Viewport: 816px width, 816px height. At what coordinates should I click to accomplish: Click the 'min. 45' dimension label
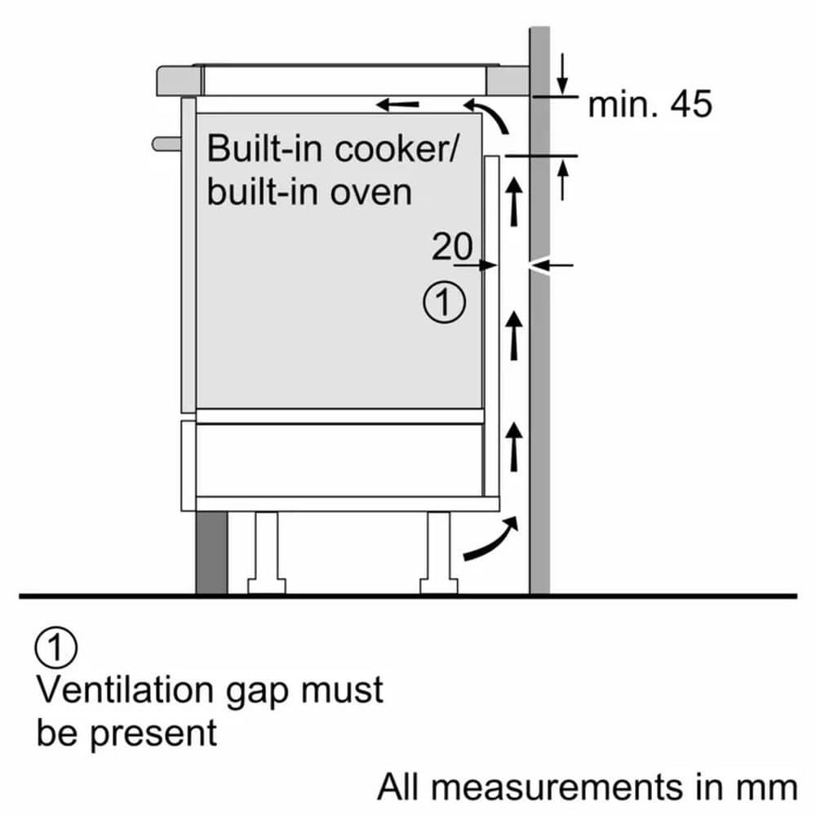click(650, 104)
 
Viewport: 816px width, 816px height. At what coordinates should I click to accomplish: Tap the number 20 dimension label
click(452, 246)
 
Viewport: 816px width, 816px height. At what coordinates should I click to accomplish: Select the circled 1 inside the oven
click(444, 303)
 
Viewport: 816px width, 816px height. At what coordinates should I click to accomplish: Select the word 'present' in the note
click(153, 732)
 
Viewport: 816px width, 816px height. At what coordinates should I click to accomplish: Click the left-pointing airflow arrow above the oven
click(399, 104)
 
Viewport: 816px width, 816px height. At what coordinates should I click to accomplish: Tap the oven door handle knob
click(166, 143)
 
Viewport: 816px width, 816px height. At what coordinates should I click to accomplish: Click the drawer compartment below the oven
click(339, 459)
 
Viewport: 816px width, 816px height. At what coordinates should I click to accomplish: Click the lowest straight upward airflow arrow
click(514, 446)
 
